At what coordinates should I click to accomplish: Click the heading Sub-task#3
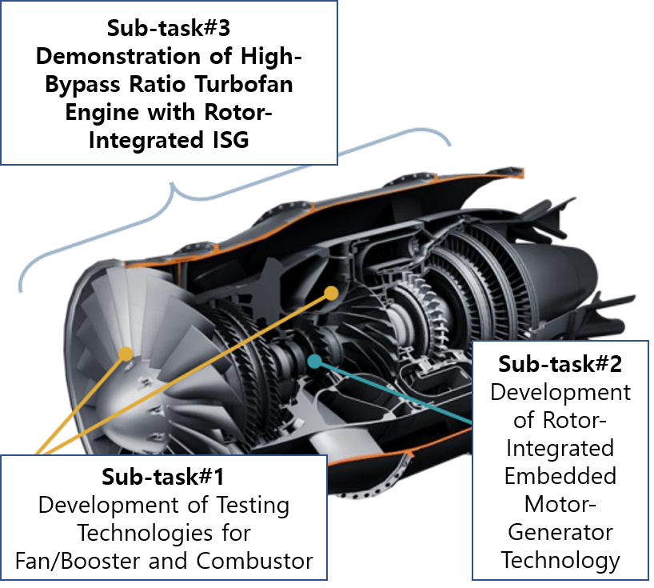point(169,28)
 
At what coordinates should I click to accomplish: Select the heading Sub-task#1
point(162,477)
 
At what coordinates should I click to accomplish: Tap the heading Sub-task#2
point(560,364)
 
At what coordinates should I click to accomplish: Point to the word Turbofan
point(244,84)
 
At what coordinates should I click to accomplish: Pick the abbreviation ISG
point(230,140)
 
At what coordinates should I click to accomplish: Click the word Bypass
point(83,85)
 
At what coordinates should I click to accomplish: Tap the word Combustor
point(254,562)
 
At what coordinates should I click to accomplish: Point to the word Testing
point(253,506)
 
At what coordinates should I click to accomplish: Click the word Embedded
point(560,476)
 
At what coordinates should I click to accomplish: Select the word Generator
point(560,533)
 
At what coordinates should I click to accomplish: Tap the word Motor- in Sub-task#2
point(560,504)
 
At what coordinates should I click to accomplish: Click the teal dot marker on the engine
point(315,362)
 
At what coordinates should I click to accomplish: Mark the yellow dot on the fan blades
point(126,354)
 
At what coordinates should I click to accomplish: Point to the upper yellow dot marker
point(331,294)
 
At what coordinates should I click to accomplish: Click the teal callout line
point(393,393)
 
